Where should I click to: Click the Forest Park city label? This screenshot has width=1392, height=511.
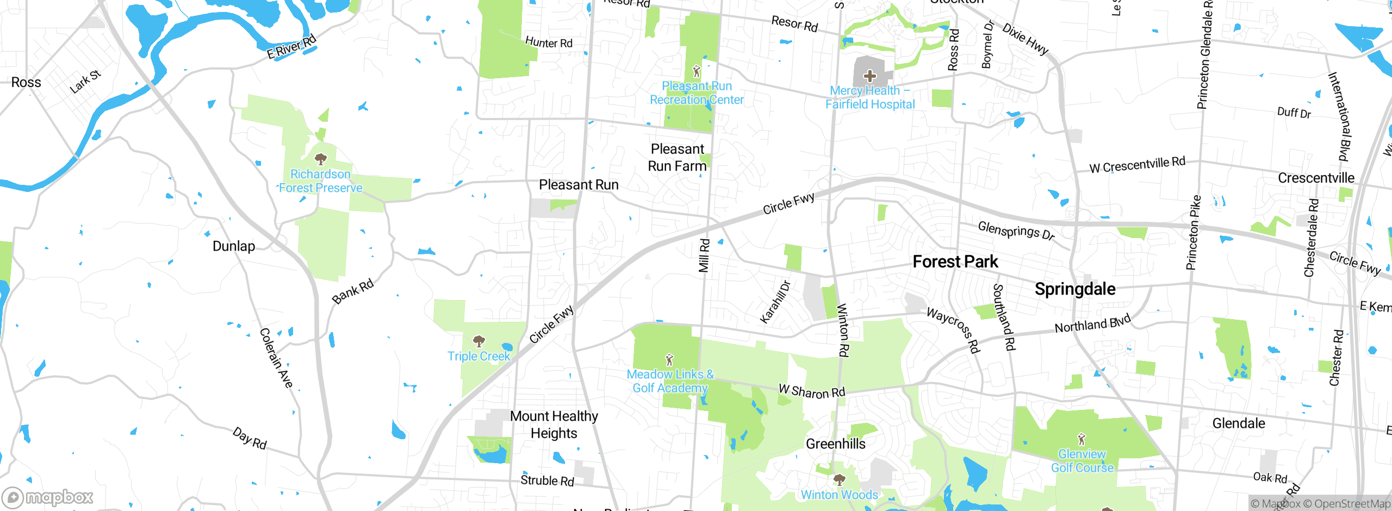(955, 262)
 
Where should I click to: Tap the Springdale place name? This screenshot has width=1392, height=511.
(1075, 289)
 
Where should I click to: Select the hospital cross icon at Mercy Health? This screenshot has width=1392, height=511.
(869, 76)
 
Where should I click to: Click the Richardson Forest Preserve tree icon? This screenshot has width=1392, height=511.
(321, 159)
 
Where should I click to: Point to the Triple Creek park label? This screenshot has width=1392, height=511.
(478, 357)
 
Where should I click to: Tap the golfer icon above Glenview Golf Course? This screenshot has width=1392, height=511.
(1082, 439)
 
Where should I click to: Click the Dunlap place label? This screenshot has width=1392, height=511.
(234, 246)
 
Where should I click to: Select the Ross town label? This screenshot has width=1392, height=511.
(26, 83)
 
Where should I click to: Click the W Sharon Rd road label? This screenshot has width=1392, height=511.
(812, 391)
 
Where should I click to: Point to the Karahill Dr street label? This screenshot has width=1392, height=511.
(775, 302)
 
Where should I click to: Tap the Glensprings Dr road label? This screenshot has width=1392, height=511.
(1016, 230)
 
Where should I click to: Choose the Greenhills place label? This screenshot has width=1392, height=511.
(835, 444)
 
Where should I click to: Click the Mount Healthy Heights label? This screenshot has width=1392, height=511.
(554, 425)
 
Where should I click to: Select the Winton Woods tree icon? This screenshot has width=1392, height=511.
(840, 480)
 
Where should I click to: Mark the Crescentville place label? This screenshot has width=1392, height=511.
(1316, 178)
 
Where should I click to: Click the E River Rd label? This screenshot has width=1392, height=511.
(291, 47)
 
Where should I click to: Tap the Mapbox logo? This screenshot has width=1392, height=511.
(48, 497)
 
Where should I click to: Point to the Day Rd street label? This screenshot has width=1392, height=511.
(250, 439)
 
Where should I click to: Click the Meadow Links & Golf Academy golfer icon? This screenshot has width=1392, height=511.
(669, 360)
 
